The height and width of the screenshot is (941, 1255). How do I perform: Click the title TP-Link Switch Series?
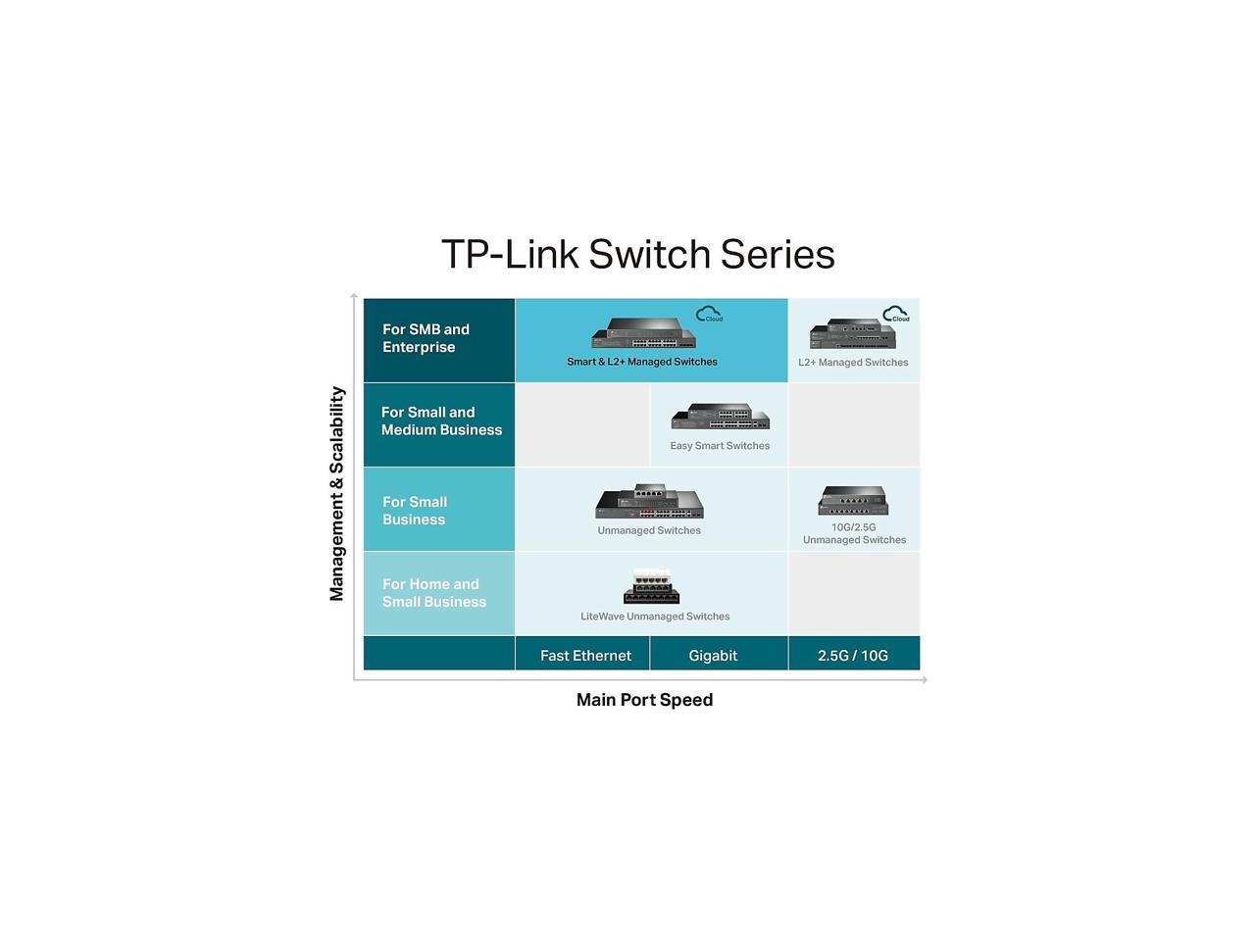click(x=637, y=255)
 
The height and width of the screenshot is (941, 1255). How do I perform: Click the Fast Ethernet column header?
click(x=585, y=656)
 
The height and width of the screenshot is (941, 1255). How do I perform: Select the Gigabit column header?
click(x=713, y=656)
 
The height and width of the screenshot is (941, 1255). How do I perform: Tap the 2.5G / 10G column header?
click(x=853, y=656)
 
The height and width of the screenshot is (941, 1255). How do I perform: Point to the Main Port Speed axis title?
click(x=644, y=700)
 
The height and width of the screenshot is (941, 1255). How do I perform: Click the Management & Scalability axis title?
click(x=337, y=493)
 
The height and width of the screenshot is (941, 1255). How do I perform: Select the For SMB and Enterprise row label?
click(x=426, y=338)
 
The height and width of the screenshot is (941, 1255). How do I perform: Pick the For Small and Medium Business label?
click(x=441, y=421)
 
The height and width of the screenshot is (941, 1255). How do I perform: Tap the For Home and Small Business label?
click(x=433, y=593)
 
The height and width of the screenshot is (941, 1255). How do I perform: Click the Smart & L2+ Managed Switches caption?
click(x=642, y=362)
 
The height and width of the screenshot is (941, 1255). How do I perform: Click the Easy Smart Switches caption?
click(x=720, y=446)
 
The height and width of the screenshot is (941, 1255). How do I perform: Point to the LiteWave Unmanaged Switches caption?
click(x=655, y=617)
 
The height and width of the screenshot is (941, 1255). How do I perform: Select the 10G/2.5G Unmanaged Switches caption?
click(x=854, y=533)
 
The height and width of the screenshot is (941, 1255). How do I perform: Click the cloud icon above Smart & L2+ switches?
click(x=709, y=314)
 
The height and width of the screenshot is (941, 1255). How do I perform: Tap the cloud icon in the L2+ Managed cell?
click(x=895, y=314)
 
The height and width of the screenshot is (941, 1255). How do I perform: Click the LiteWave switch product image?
click(x=652, y=586)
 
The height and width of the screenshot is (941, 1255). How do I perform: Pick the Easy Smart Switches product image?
click(x=720, y=417)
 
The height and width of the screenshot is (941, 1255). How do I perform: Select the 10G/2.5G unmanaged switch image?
click(x=853, y=500)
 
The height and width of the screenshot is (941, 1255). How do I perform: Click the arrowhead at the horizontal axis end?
click(x=924, y=679)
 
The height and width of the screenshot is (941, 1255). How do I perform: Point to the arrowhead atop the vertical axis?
click(x=354, y=296)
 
